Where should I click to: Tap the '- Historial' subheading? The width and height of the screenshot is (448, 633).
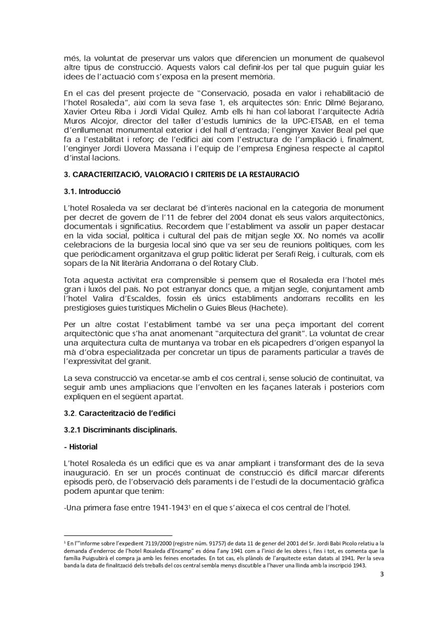80,446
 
